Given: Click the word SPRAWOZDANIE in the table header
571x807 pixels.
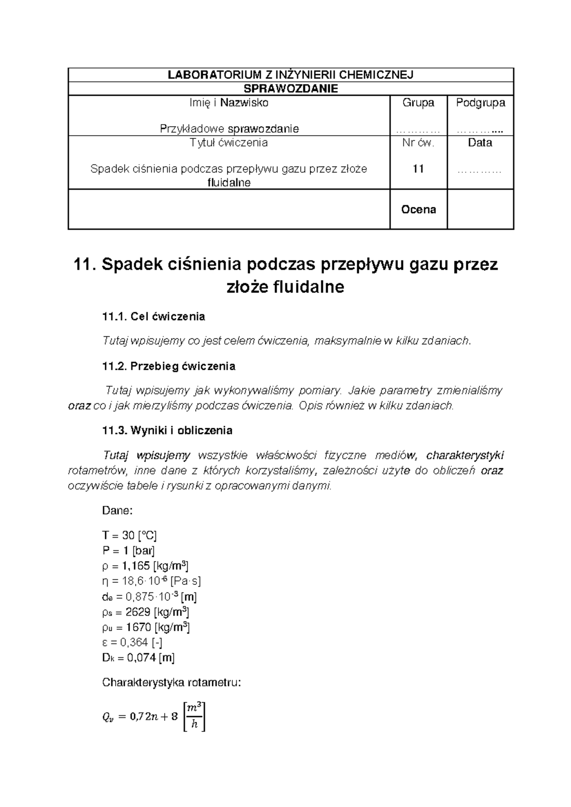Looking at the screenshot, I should tap(291, 89).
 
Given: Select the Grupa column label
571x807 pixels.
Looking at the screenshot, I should tap(418, 103).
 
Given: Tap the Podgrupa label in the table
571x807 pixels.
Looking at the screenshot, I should tap(480, 103).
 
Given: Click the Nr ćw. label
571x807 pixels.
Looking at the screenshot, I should tap(418, 143).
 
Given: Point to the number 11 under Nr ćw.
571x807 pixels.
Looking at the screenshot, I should tap(418, 169).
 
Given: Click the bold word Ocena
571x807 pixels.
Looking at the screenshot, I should tap(418, 209).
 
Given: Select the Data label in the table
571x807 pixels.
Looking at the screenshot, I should tap(480, 143).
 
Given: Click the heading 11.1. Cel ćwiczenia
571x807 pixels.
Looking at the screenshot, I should tap(153, 316).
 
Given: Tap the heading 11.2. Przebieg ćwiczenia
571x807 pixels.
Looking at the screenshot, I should tap(168, 366).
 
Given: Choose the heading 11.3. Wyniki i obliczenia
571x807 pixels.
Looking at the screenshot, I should tap(167, 431).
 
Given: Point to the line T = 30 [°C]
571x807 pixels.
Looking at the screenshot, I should tap(129, 535).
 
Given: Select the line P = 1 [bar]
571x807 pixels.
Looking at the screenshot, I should tap(128, 551).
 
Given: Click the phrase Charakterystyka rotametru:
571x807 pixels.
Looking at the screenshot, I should tap(172, 683).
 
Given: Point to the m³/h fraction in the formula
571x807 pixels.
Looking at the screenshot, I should tap(194, 717).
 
